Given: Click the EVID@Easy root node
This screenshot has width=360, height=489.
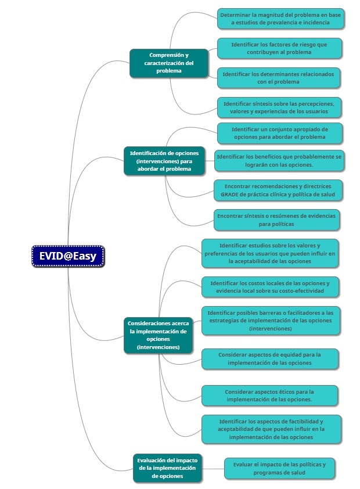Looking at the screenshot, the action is click(68, 256).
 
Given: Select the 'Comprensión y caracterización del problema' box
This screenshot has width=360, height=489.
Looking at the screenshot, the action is click(168, 63).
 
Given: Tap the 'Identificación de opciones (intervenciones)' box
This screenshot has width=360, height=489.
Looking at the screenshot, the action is click(164, 161).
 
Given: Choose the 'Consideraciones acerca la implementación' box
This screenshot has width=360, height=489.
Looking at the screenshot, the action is click(158, 335).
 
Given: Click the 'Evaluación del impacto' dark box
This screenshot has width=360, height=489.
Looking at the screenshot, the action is click(167, 468).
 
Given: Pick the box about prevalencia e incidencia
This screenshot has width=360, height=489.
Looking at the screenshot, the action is click(280, 19).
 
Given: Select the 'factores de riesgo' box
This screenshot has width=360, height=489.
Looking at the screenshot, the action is click(279, 48).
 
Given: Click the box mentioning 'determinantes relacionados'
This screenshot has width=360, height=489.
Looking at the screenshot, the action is click(278, 78).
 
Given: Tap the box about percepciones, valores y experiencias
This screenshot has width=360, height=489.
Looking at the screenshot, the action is click(279, 107).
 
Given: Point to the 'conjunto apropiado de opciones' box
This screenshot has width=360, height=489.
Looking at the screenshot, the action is click(280, 133).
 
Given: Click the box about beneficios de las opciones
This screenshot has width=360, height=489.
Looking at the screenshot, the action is click(279, 161).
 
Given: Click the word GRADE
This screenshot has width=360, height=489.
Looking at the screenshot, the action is click(230, 195).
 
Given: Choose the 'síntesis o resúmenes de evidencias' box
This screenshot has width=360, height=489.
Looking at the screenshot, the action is click(276, 220).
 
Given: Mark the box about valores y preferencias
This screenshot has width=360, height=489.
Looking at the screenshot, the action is click(270, 253).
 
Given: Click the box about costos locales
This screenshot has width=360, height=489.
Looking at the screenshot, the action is click(270, 287).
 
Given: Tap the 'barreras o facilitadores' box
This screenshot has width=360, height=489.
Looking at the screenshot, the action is click(271, 321).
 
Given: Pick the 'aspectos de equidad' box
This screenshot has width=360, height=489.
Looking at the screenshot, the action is click(269, 359).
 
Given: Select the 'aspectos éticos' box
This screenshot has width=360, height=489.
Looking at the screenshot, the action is click(269, 395).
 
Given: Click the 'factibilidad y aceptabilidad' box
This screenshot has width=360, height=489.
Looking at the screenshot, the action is click(271, 429).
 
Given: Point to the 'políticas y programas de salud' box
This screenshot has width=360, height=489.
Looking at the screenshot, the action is click(279, 469).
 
